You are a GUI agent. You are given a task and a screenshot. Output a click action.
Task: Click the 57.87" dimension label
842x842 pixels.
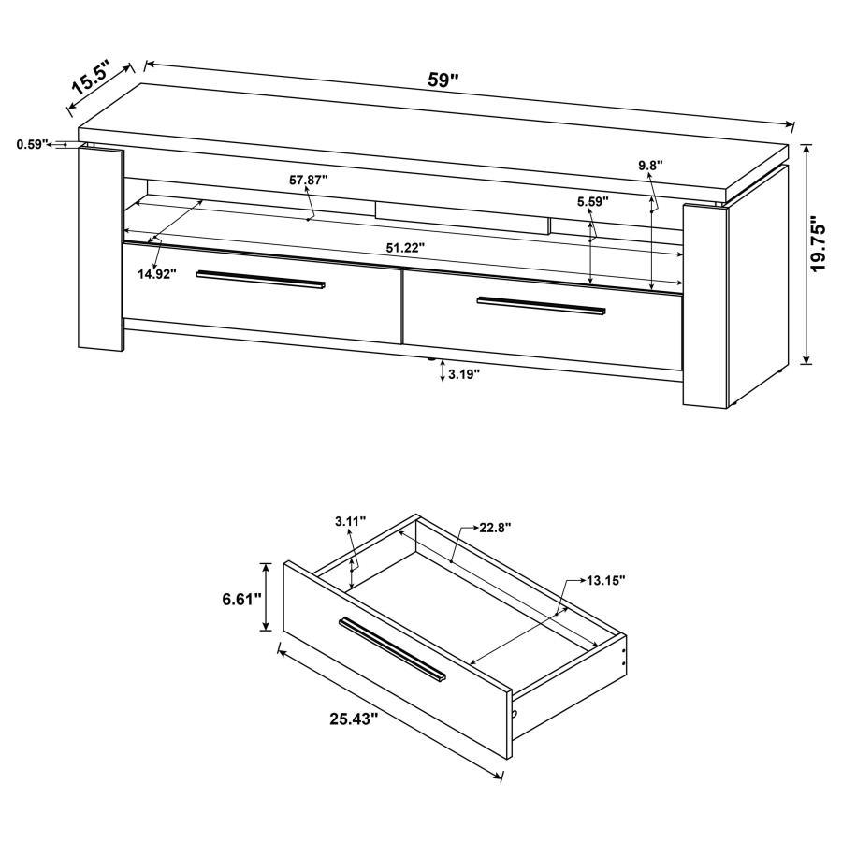(309, 181)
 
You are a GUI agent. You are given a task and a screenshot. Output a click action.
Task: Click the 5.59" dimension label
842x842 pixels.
(592, 200)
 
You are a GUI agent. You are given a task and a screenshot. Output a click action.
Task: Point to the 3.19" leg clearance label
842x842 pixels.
(463, 374)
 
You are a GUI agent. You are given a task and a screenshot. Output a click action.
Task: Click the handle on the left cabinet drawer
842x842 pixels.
(261, 279)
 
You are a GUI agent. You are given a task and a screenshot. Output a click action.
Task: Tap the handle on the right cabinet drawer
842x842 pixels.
(541, 305)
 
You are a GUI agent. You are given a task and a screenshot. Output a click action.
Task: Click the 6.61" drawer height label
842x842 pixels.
(242, 599)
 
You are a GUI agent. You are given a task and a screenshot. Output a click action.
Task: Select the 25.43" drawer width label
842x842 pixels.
(354, 719)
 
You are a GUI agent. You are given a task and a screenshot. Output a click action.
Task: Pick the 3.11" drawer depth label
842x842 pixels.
(350, 520)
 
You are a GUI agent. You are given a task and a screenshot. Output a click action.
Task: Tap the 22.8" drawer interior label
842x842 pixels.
(496, 527)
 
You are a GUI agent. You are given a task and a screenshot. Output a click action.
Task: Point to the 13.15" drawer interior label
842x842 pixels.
(606, 580)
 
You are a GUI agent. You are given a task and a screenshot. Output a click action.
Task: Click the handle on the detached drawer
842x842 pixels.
(393, 647)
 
